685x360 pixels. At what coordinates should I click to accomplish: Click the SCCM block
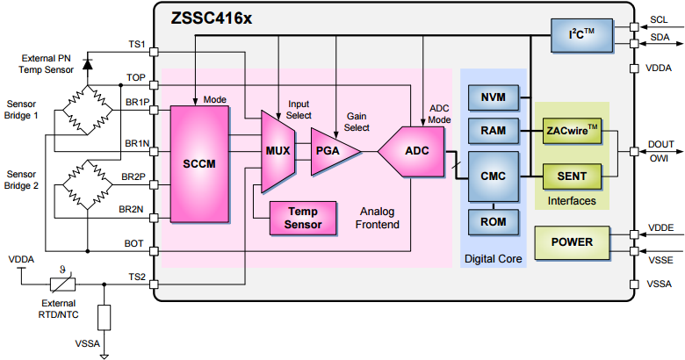coord(198,163)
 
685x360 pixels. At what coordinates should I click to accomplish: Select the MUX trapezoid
coord(278,150)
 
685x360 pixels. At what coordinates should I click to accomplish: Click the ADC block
coord(413,150)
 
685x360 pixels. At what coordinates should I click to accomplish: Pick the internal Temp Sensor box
coord(303,219)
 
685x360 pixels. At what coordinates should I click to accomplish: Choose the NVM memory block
coord(493,97)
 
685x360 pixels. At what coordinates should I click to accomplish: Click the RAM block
coord(493,132)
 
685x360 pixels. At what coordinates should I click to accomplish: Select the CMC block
coord(493,176)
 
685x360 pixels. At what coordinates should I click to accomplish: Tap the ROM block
coord(493,221)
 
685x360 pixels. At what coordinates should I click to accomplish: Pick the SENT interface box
coord(572,176)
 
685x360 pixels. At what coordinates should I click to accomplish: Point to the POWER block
coord(572,241)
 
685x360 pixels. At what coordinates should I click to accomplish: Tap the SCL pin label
coord(658,19)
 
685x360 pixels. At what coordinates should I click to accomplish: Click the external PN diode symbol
coord(87,63)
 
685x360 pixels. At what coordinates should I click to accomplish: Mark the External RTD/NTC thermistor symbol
coord(61,284)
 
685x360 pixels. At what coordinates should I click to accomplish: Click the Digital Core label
coord(493,258)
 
